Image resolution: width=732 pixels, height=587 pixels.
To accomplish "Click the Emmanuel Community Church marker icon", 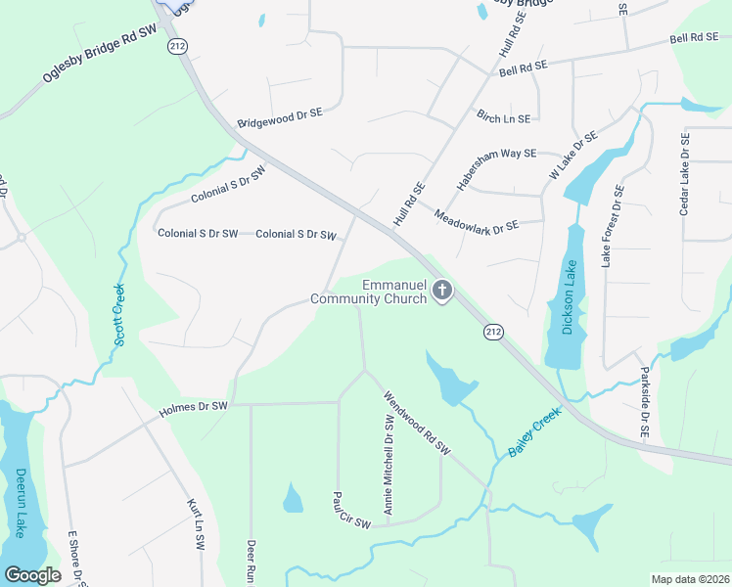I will pyautogui.click(x=442, y=291).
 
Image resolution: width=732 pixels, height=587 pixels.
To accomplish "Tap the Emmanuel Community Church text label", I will pyautogui.click(x=369, y=292).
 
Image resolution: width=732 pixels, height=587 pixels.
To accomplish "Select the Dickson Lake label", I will pyautogui.click(x=570, y=295).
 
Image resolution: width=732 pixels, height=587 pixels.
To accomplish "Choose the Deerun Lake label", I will pyautogui.click(x=20, y=503).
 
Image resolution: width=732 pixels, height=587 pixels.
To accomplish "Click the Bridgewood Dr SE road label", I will pyautogui.click(x=279, y=118).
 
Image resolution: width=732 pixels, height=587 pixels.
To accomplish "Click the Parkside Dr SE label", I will pyautogui.click(x=644, y=402).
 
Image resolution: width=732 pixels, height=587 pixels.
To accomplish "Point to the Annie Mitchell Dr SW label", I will pyautogui.click(x=389, y=465).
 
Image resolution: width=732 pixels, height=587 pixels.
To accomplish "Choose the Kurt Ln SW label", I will pyautogui.click(x=193, y=520).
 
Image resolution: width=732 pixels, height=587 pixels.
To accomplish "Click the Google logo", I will pyautogui.click(x=32, y=575).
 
